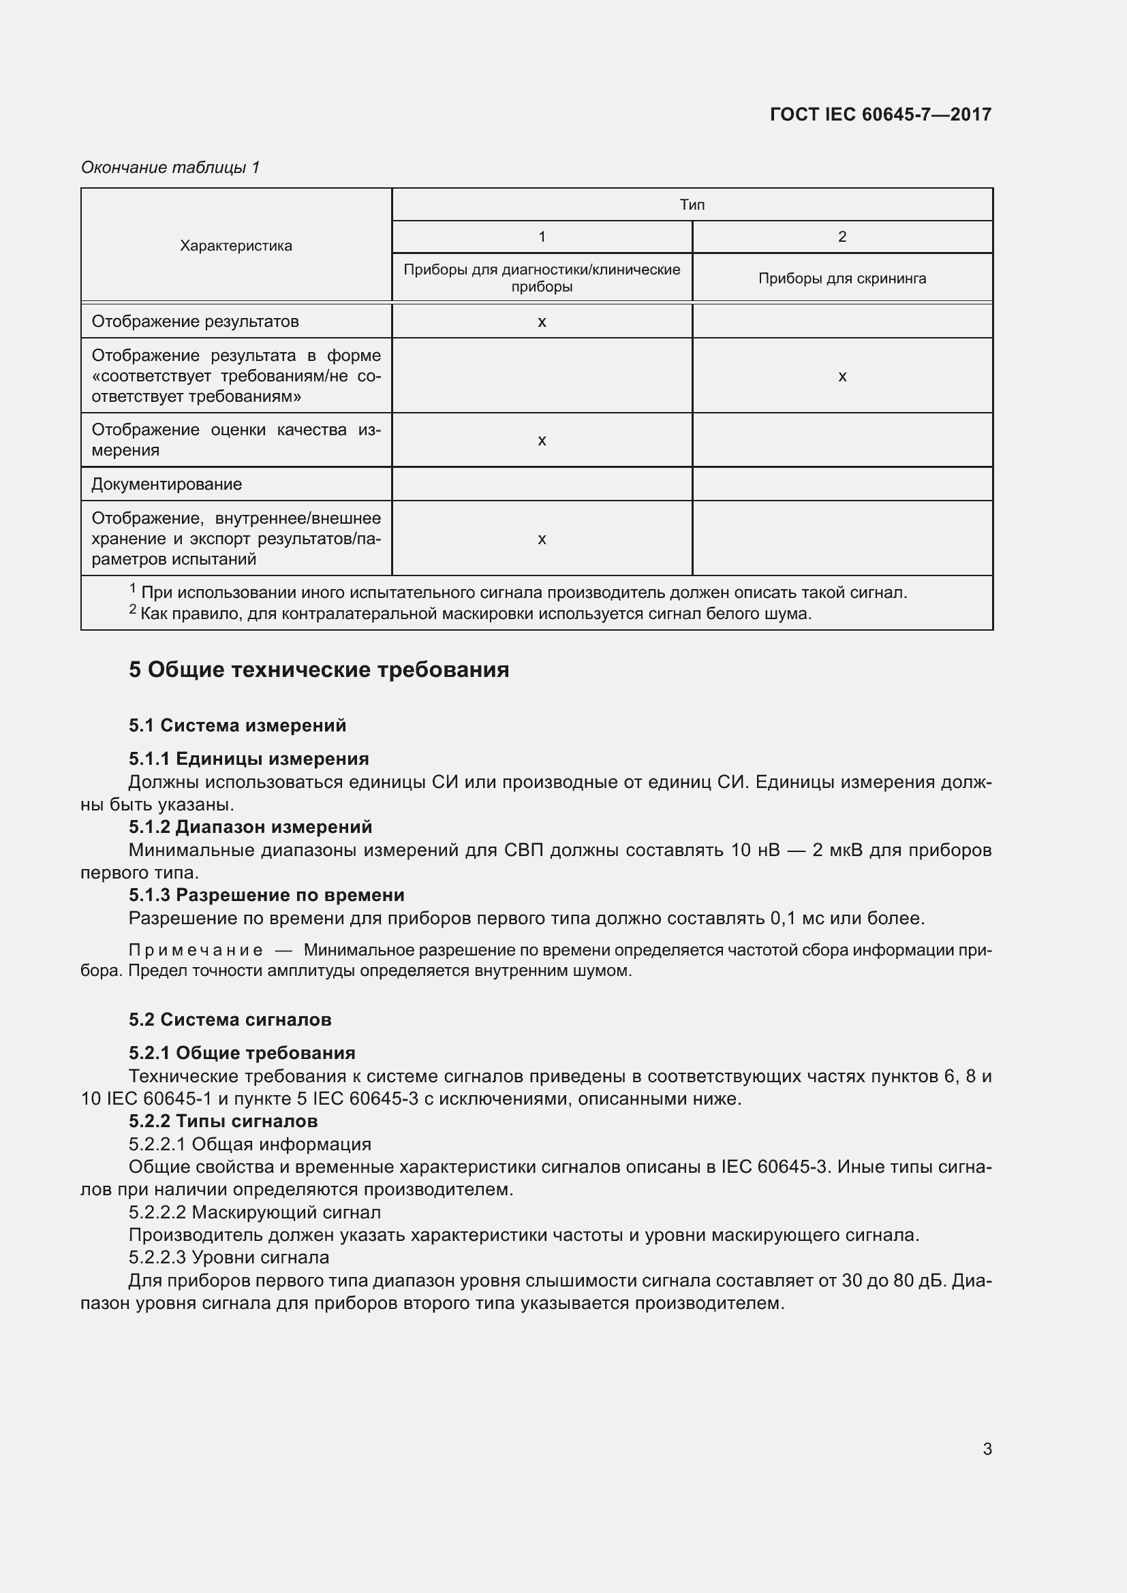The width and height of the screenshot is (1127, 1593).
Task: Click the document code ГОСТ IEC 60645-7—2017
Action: pos(880,114)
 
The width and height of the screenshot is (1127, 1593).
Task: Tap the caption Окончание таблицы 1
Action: pos(170,168)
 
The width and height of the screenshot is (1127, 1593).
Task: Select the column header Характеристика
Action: pos(236,246)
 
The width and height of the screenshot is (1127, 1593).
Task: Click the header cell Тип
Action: pos(692,205)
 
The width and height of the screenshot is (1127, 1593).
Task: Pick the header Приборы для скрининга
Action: pos(842,279)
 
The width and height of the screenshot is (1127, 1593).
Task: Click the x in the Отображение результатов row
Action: pos(542,322)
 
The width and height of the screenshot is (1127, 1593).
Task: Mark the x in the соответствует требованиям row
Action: pos(842,376)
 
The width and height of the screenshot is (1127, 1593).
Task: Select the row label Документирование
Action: pos(166,484)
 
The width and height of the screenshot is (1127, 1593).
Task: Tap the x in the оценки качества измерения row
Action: pos(542,441)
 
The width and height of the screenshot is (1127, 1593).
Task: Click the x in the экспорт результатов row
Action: pos(542,539)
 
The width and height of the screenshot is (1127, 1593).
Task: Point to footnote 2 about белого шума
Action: pos(472,614)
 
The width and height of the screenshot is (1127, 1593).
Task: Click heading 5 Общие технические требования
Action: pos(318,669)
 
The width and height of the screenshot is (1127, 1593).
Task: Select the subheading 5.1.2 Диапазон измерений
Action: pos(251,827)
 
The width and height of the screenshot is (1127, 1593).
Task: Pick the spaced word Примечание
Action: pos(196,951)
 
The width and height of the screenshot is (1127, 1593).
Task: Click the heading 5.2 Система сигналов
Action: pos(230,1020)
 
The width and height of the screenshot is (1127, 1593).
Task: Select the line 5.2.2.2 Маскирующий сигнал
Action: pos(255,1212)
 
